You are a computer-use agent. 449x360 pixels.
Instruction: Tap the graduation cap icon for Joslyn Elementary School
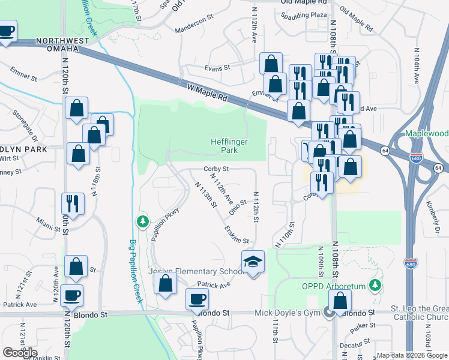point(253,262)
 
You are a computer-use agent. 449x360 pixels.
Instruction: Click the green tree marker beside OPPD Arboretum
point(376,284)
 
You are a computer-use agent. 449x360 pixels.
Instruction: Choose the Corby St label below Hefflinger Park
point(216,169)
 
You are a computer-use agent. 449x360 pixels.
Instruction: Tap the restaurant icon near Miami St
point(73,203)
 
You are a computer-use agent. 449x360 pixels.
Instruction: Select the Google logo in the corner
point(20,352)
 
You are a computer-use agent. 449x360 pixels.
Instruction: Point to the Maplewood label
point(426,133)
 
